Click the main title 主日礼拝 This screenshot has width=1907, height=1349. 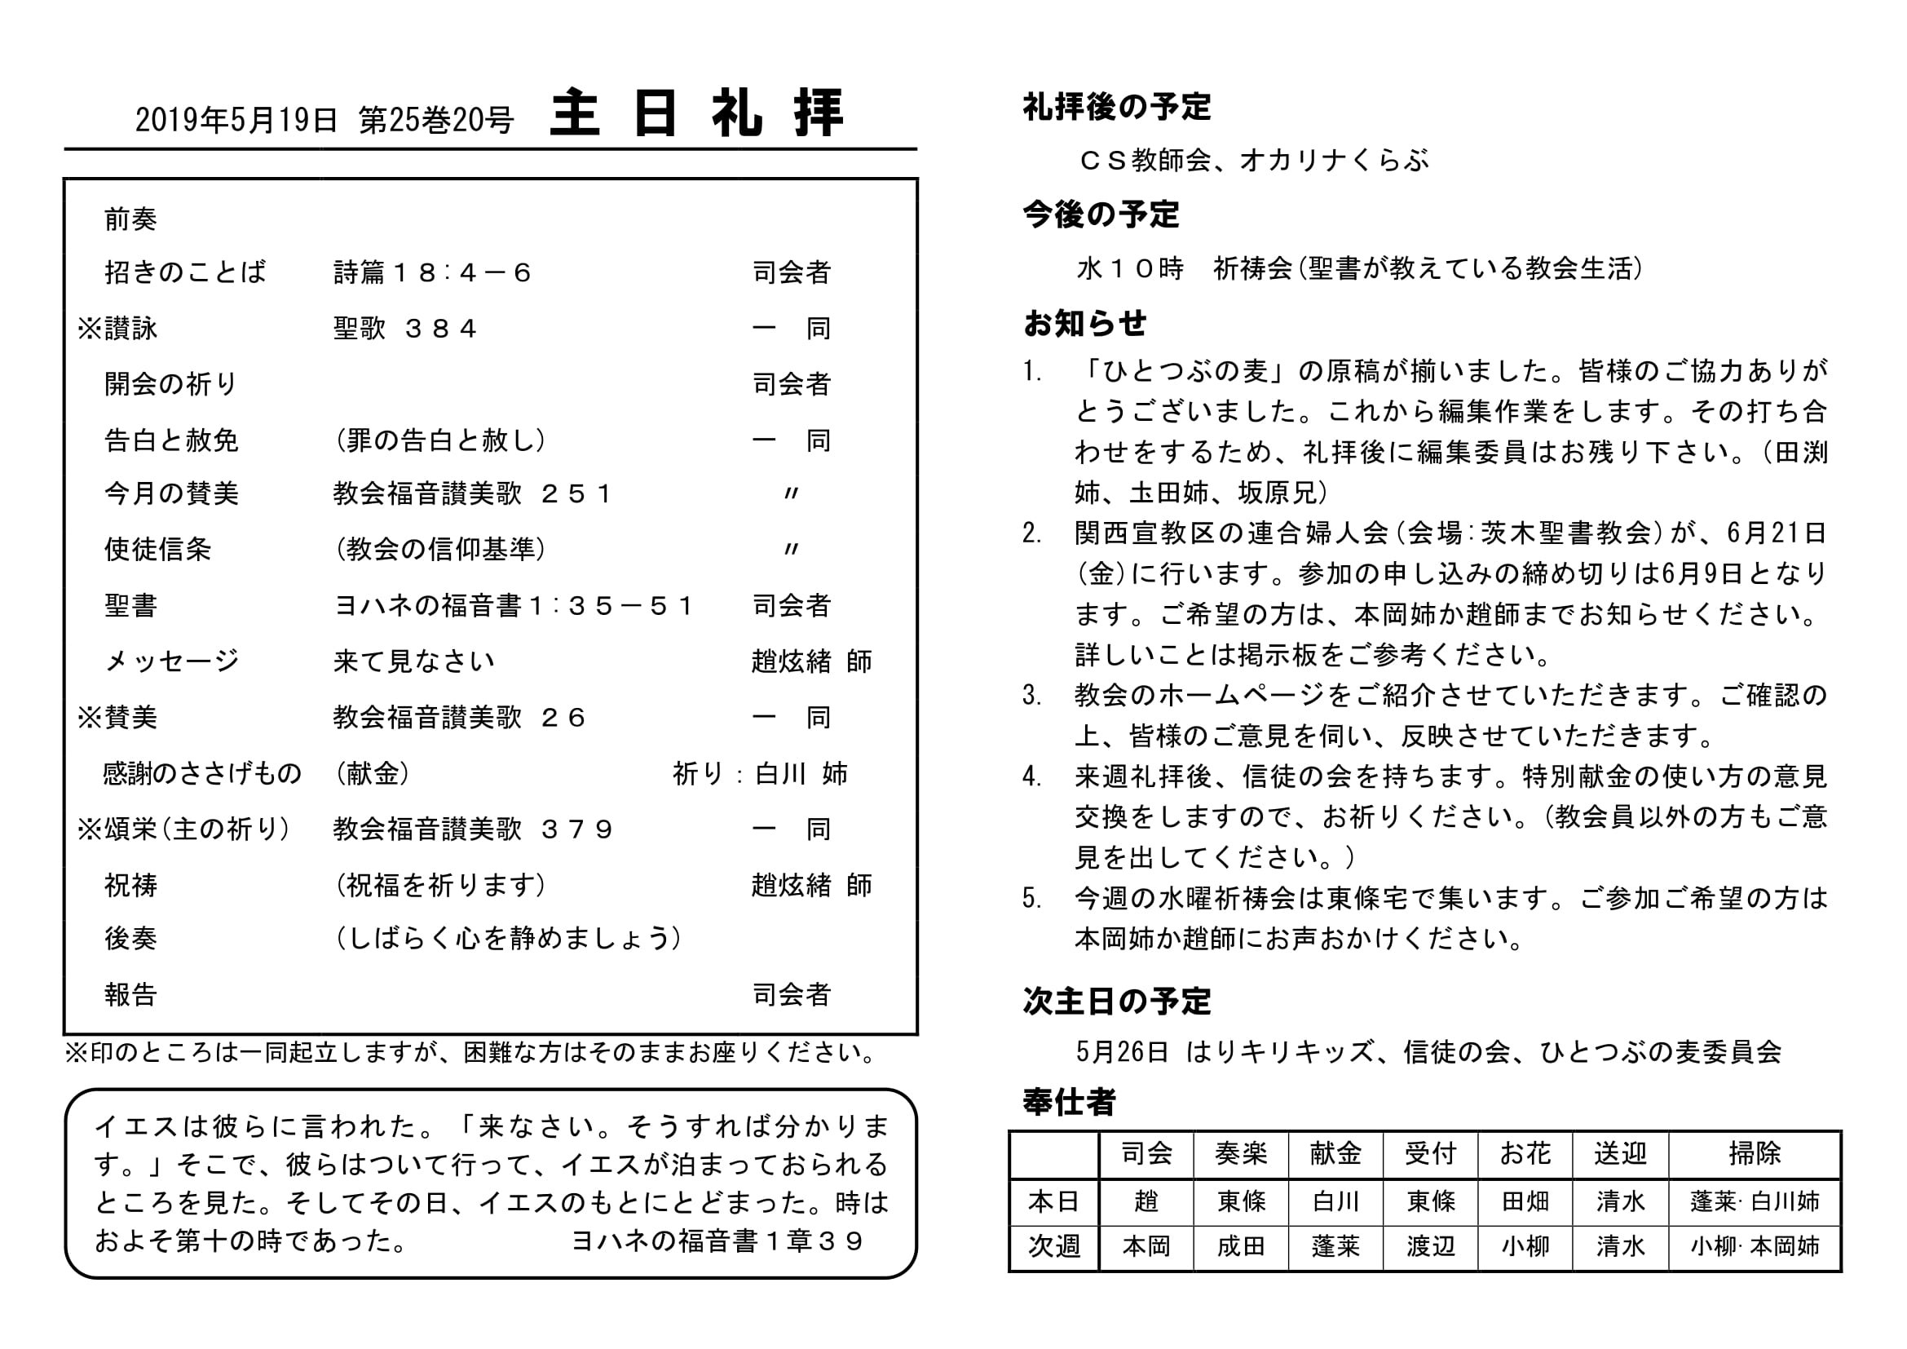click(x=696, y=114)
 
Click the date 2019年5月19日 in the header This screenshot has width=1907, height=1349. click(x=236, y=122)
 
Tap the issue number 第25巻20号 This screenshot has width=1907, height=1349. click(x=436, y=122)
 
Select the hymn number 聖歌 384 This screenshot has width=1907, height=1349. click(x=404, y=329)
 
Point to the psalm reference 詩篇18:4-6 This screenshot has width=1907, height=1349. click(x=432, y=272)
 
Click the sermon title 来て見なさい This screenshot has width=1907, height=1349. click(x=413, y=662)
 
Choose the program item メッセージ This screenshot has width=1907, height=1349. click(x=171, y=662)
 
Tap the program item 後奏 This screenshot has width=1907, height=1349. click(x=130, y=939)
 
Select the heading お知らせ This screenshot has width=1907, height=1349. click(x=1084, y=323)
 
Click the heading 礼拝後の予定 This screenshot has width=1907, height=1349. click(x=1116, y=107)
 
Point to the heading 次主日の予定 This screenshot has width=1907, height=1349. click(x=1116, y=1002)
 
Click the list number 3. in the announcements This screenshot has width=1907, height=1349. click(x=1032, y=695)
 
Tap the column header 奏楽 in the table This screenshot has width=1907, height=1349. click(x=1241, y=1154)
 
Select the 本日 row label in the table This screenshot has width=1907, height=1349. click(x=1054, y=1201)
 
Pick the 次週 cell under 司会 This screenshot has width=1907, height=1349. click(x=1146, y=1246)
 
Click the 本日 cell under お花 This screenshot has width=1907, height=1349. click(x=1525, y=1201)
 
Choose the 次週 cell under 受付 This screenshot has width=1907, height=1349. click(x=1430, y=1246)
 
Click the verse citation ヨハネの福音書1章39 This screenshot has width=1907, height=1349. click(x=717, y=1241)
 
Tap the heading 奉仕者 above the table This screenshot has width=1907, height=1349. click(x=1069, y=1103)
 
